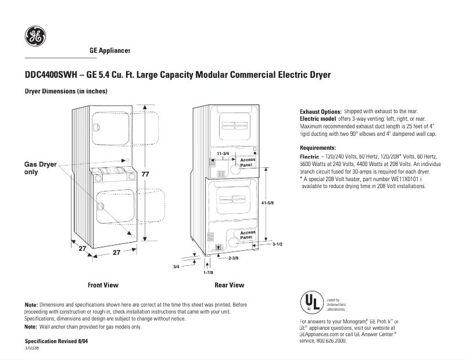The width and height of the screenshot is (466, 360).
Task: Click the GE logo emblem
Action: click(x=35, y=37)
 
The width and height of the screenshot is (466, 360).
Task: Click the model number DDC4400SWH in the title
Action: click(x=51, y=75)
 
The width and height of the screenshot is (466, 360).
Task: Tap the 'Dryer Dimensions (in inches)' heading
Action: click(x=66, y=92)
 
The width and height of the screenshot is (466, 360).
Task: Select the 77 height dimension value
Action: click(x=145, y=174)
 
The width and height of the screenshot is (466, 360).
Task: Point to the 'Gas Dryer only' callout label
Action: click(x=40, y=168)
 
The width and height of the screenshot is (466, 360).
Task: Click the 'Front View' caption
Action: click(x=103, y=285)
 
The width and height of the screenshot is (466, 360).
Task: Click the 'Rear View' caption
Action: click(x=229, y=285)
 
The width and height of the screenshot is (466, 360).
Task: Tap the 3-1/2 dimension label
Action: click(x=277, y=244)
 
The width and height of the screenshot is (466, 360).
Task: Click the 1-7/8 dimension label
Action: click(x=208, y=272)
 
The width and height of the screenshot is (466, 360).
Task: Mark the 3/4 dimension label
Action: click(x=177, y=266)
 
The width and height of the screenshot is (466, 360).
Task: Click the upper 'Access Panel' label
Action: click(x=248, y=162)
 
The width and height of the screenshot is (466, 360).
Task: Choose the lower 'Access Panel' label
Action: click(x=248, y=235)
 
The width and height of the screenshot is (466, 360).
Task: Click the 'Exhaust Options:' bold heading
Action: click(x=320, y=111)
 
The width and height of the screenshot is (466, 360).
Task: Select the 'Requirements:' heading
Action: click(x=318, y=147)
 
